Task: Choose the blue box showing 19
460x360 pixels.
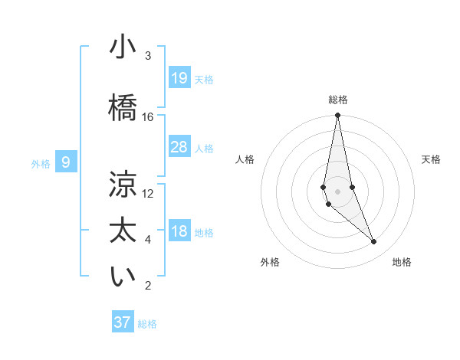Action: pos(179,78)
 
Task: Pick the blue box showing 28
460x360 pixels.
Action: pos(179,147)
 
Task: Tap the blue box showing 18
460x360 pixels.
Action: pos(179,232)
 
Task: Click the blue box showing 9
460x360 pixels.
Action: pos(67,162)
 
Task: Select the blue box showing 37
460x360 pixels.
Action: pos(123,322)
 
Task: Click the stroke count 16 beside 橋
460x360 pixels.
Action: pos(148,117)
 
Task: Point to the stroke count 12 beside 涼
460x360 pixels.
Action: pos(148,194)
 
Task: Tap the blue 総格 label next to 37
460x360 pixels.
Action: pos(147,324)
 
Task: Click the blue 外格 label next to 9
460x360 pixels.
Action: pos(41,164)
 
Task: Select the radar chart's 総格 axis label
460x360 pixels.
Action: pos(338,100)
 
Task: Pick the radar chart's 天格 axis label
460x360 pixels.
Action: pos(432,159)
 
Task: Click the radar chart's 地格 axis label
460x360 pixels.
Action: pos(402,262)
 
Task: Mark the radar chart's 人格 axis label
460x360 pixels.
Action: pos(245,159)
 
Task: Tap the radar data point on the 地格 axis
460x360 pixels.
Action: pos(373,242)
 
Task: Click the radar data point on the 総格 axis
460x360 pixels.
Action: pos(337,116)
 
